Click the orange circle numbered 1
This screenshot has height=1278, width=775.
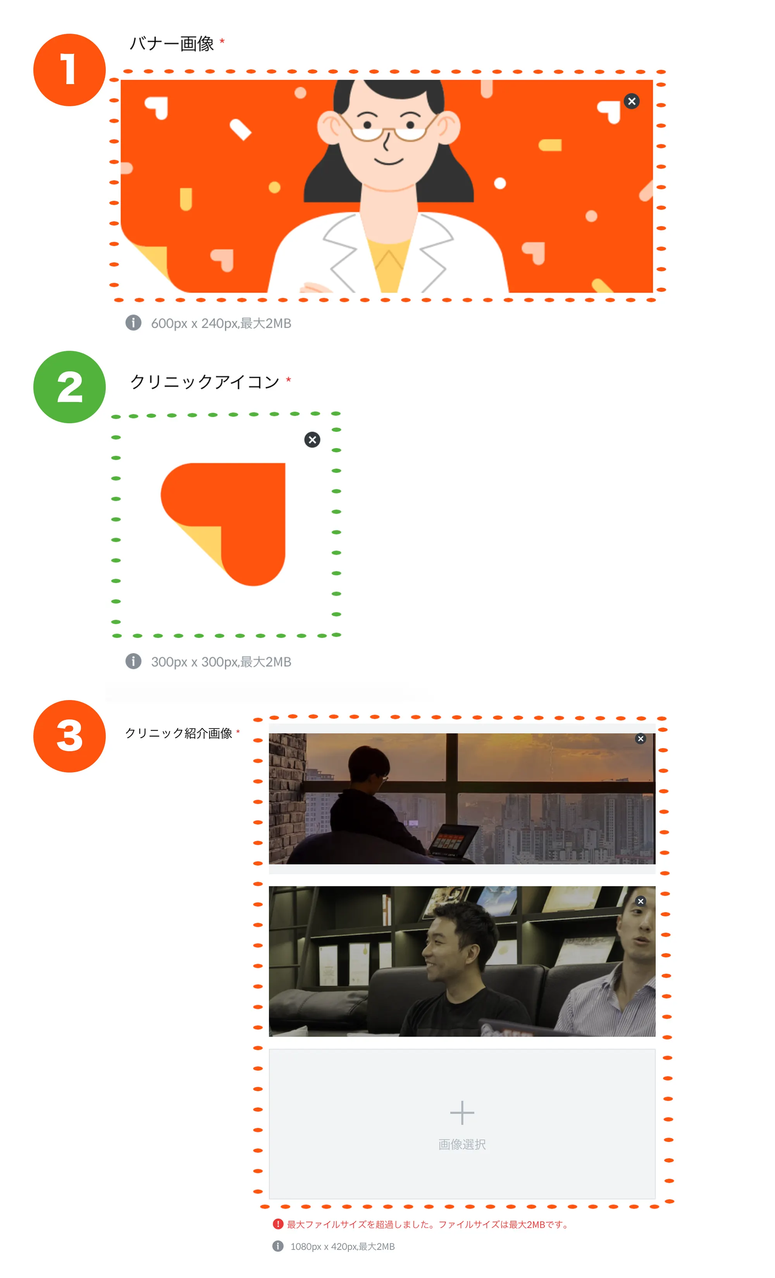click(69, 70)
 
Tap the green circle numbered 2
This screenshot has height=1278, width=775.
click(69, 387)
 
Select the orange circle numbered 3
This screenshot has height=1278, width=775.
click(69, 736)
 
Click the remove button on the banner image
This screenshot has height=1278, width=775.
click(631, 101)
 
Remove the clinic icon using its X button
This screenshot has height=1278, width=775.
click(312, 440)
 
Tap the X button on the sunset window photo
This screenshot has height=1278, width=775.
click(641, 738)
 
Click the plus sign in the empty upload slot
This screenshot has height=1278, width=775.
click(462, 1112)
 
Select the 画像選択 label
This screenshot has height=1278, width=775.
click(462, 1144)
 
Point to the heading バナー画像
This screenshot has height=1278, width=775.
click(172, 43)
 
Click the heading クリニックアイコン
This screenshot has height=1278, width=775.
click(205, 382)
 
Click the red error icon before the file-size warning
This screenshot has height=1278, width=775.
click(278, 1224)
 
